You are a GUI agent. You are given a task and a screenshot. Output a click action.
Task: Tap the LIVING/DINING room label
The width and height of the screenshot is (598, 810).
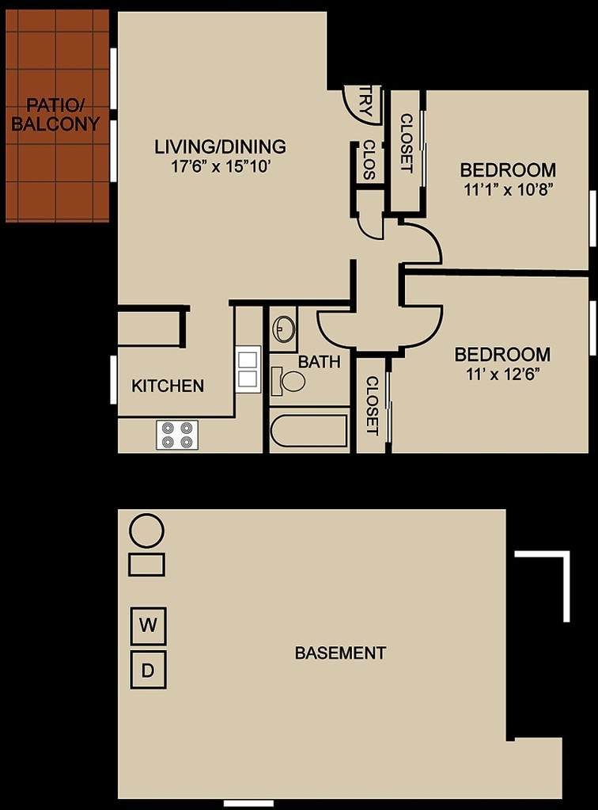219,146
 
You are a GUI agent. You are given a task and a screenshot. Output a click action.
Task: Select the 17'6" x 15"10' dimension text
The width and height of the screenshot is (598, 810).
219,166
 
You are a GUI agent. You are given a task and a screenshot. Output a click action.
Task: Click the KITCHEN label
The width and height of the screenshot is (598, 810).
168,386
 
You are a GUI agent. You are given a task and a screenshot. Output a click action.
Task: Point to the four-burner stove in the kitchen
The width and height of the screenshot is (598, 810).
177,435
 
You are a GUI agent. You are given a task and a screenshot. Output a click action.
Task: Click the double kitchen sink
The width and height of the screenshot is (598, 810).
248,370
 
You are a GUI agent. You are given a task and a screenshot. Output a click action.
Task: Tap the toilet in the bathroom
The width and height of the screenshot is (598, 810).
289,382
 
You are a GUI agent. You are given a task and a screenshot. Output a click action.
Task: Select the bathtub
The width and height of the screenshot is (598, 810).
309,432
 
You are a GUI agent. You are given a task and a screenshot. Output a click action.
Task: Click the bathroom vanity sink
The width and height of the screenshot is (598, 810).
282,329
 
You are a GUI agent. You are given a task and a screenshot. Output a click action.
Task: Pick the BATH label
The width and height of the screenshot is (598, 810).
319,363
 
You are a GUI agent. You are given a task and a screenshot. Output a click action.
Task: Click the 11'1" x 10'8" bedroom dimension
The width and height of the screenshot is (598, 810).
507,189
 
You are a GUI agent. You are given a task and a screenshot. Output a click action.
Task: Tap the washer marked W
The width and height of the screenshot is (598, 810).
148,626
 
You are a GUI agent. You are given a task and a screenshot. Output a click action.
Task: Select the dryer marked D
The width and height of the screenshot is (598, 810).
148,671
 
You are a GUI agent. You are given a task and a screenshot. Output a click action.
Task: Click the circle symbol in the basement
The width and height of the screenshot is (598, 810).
146,530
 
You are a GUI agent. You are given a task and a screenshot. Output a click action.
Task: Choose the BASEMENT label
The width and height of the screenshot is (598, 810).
340,653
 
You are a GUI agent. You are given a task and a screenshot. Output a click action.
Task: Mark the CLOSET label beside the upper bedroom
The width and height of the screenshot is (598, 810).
407,143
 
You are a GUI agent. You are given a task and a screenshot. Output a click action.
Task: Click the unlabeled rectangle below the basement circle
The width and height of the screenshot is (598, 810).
146,565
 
